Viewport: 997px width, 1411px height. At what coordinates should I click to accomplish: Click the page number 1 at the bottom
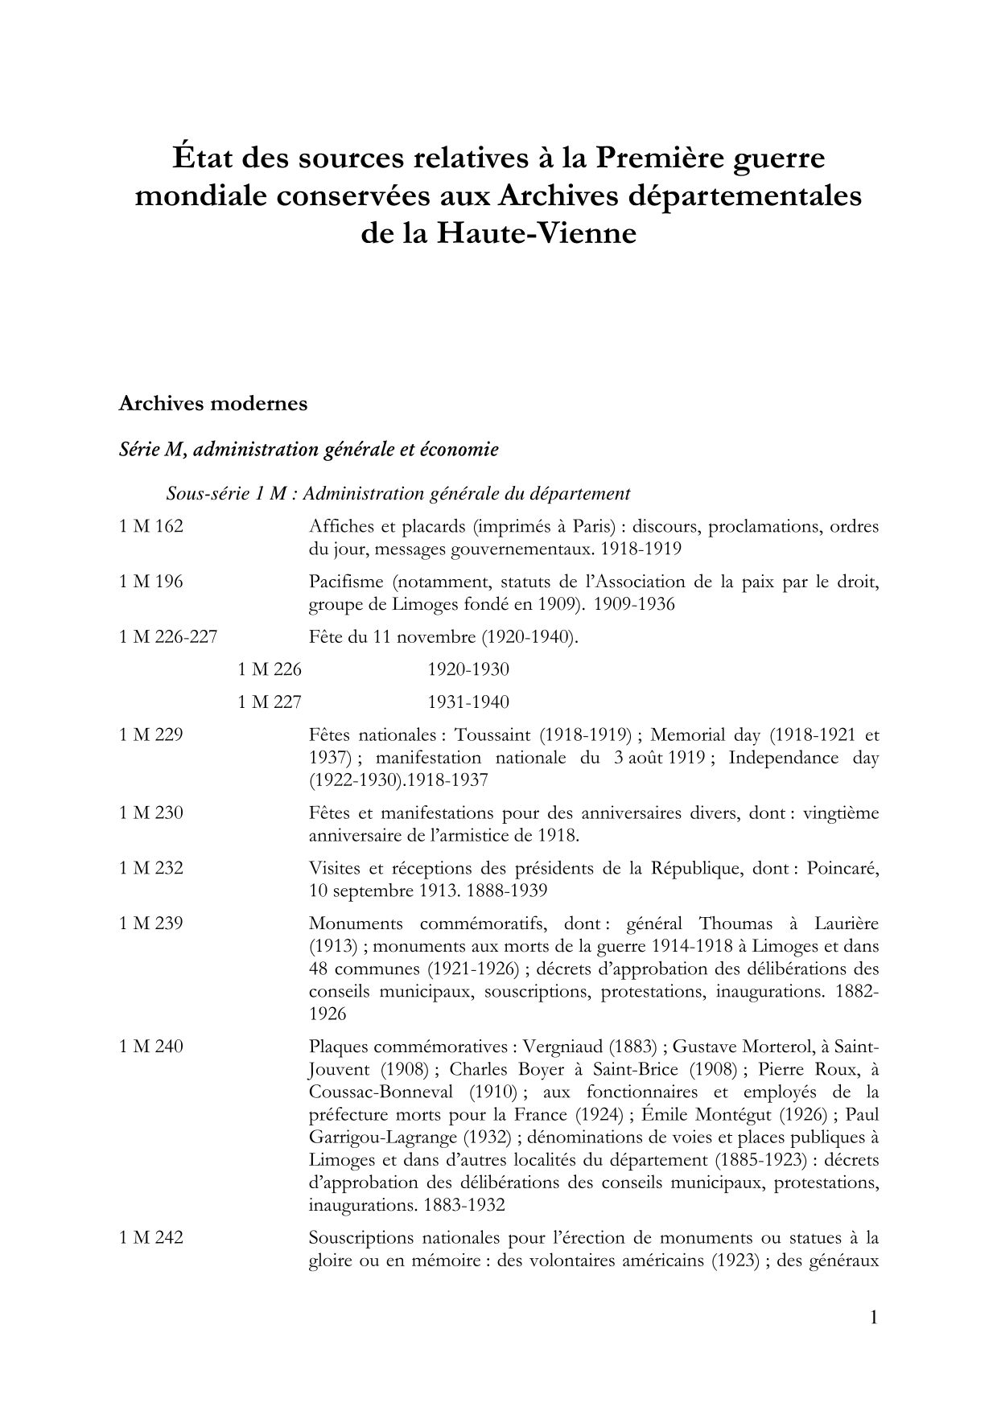874,1318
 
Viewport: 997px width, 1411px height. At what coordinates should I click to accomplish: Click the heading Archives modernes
212,404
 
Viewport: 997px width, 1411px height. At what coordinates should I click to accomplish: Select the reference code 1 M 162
151,527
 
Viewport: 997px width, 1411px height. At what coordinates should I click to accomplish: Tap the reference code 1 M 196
151,582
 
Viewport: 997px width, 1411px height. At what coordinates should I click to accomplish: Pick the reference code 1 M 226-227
168,637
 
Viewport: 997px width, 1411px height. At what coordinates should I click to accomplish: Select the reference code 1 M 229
151,734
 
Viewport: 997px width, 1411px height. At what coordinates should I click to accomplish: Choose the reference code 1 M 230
151,812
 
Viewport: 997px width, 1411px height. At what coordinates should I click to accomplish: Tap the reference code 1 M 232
151,868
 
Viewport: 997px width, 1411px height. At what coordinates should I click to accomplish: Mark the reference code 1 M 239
151,923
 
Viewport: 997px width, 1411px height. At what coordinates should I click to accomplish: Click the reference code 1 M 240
151,1047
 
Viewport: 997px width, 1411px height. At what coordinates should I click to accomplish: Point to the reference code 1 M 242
151,1237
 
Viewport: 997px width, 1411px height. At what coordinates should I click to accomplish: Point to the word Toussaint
492,734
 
